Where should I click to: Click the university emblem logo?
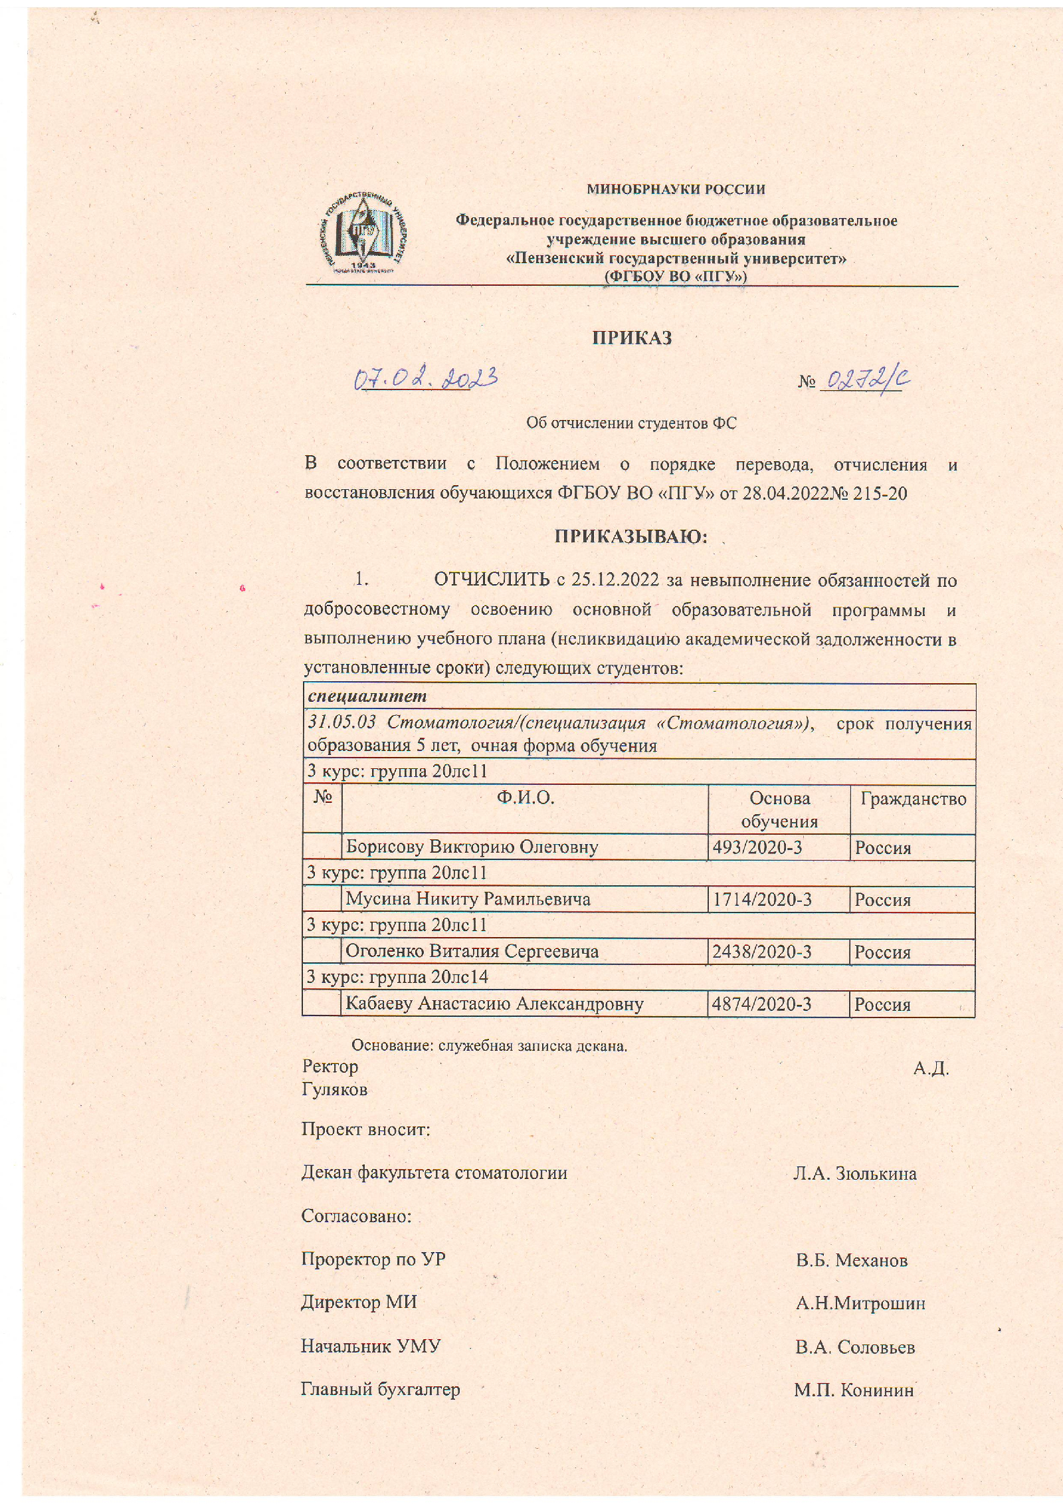pyautogui.click(x=361, y=233)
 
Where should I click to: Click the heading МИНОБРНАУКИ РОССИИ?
pyautogui.click(x=675, y=189)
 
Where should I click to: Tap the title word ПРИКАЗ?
pyautogui.click(x=632, y=338)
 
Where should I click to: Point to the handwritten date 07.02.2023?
pyautogui.click(x=425, y=378)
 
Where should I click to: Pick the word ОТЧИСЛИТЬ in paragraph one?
pyautogui.click(x=491, y=580)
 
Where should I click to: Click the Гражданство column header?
pyautogui.click(x=913, y=798)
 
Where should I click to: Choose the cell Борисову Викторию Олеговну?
pyautogui.click(x=472, y=847)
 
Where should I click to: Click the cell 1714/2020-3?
pyautogui.click(x=762, y=899)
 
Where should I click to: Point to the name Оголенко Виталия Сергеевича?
pyautogui.click(x=472, y=951)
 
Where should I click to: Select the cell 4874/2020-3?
pyautogui.click(x=761, y=1004)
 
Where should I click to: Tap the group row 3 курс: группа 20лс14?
pyautogui.click(x=397, y=976)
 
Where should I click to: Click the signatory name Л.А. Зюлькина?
pyautogui.click(x=854, y=1174)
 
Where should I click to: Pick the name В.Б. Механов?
pyautogui.click(x=852, y=1260)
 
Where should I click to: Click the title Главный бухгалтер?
pyautogui.click(x=380, y=1389)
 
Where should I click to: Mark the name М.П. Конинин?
pyautogui.click(x=854, y=1390)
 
